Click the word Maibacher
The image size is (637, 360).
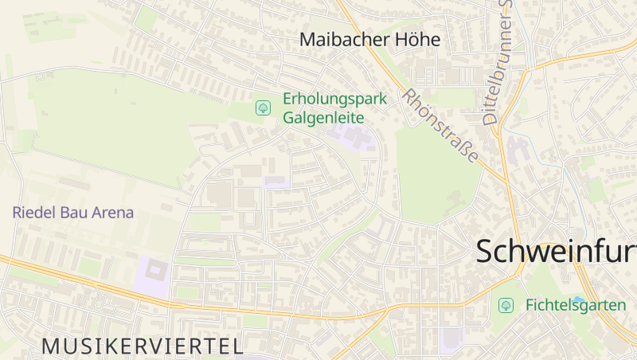[x=338, y=39]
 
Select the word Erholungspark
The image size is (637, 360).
[x=334, y=100]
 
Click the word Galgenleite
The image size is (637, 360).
[x=322, y=117]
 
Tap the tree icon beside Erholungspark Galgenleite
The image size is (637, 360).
[x=262, y=108]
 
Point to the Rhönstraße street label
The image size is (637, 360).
[x=440, y=125]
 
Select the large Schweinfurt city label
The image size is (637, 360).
[x=557, y=252]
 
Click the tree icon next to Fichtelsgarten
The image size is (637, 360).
[x=506, y=305]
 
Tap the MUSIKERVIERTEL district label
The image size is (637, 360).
[x=143, y=346]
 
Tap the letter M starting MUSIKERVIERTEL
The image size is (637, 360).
[x=49, y=346]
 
